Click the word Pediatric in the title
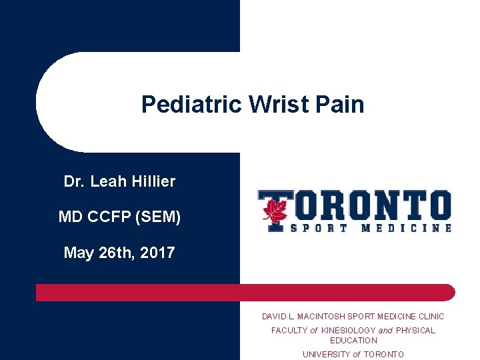191,105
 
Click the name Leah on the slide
107,181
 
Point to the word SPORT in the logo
317,227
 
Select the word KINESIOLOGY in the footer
349,330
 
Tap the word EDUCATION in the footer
353,340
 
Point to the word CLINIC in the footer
430,317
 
